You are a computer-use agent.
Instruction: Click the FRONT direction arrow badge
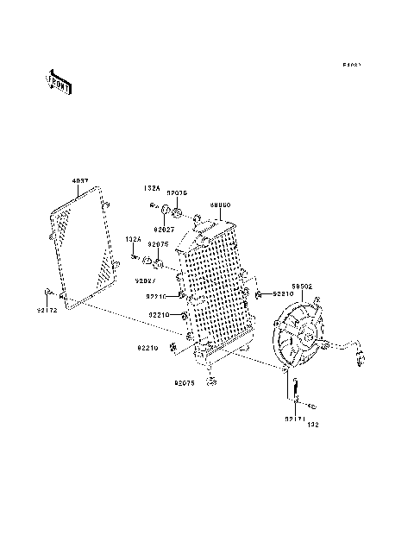tap(60, 82)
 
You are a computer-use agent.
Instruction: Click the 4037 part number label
tap(79, 181)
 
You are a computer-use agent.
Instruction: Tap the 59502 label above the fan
tap(301, 284)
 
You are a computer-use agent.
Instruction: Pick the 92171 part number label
tap(294, 418)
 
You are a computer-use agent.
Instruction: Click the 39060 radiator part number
tap(220, 205)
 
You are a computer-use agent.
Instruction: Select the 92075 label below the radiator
tap(185, 381)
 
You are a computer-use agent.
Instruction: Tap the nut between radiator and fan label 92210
tap(257, 295)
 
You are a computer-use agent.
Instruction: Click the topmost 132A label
tap(152, 186)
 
